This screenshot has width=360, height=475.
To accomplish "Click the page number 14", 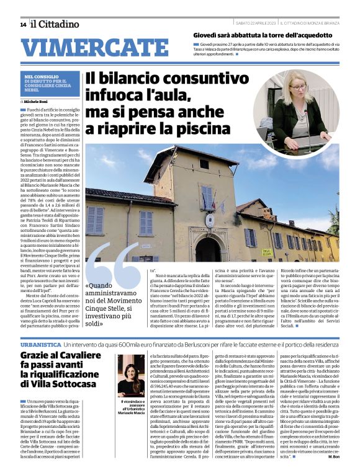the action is tap(22, 24).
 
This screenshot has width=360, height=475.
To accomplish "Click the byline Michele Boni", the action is tap(38, 100).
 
